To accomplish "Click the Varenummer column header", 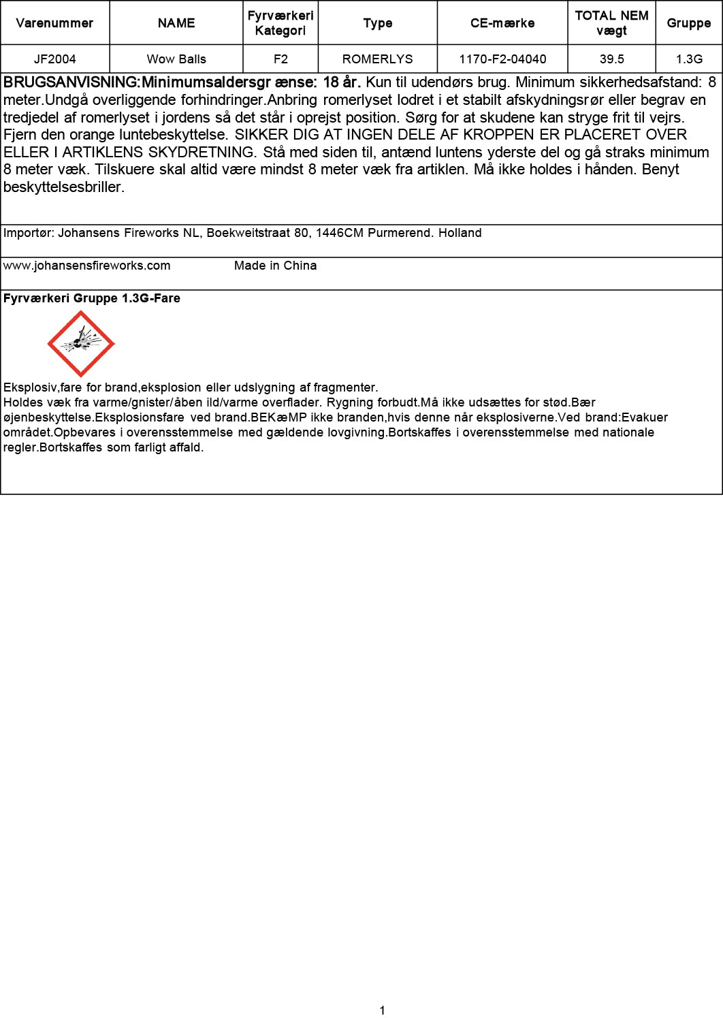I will tap(54, 23).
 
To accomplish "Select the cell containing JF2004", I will tap(54, 59).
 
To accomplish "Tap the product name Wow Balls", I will tap(176, 59).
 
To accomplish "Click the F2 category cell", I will tap(280, 59).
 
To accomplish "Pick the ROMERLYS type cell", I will tap(377, 59).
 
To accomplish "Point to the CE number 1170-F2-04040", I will tap(502, 59).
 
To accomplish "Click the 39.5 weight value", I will tap(611, 59).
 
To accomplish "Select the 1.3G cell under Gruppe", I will tap(689, 59).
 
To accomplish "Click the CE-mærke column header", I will tap(502, 23).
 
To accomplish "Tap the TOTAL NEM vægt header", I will tap(611, 23).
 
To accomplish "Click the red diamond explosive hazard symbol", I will tap(81, 344).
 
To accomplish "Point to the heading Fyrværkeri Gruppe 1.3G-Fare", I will tap(92, 298).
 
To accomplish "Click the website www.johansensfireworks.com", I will tap(87, 266).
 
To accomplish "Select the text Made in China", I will tap(275, 266).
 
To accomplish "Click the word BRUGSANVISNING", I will tap(71, 83).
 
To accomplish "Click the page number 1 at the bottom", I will tap(382, 1010).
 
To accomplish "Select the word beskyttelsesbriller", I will tap(63, 187).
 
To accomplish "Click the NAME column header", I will tap(176, 23).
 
